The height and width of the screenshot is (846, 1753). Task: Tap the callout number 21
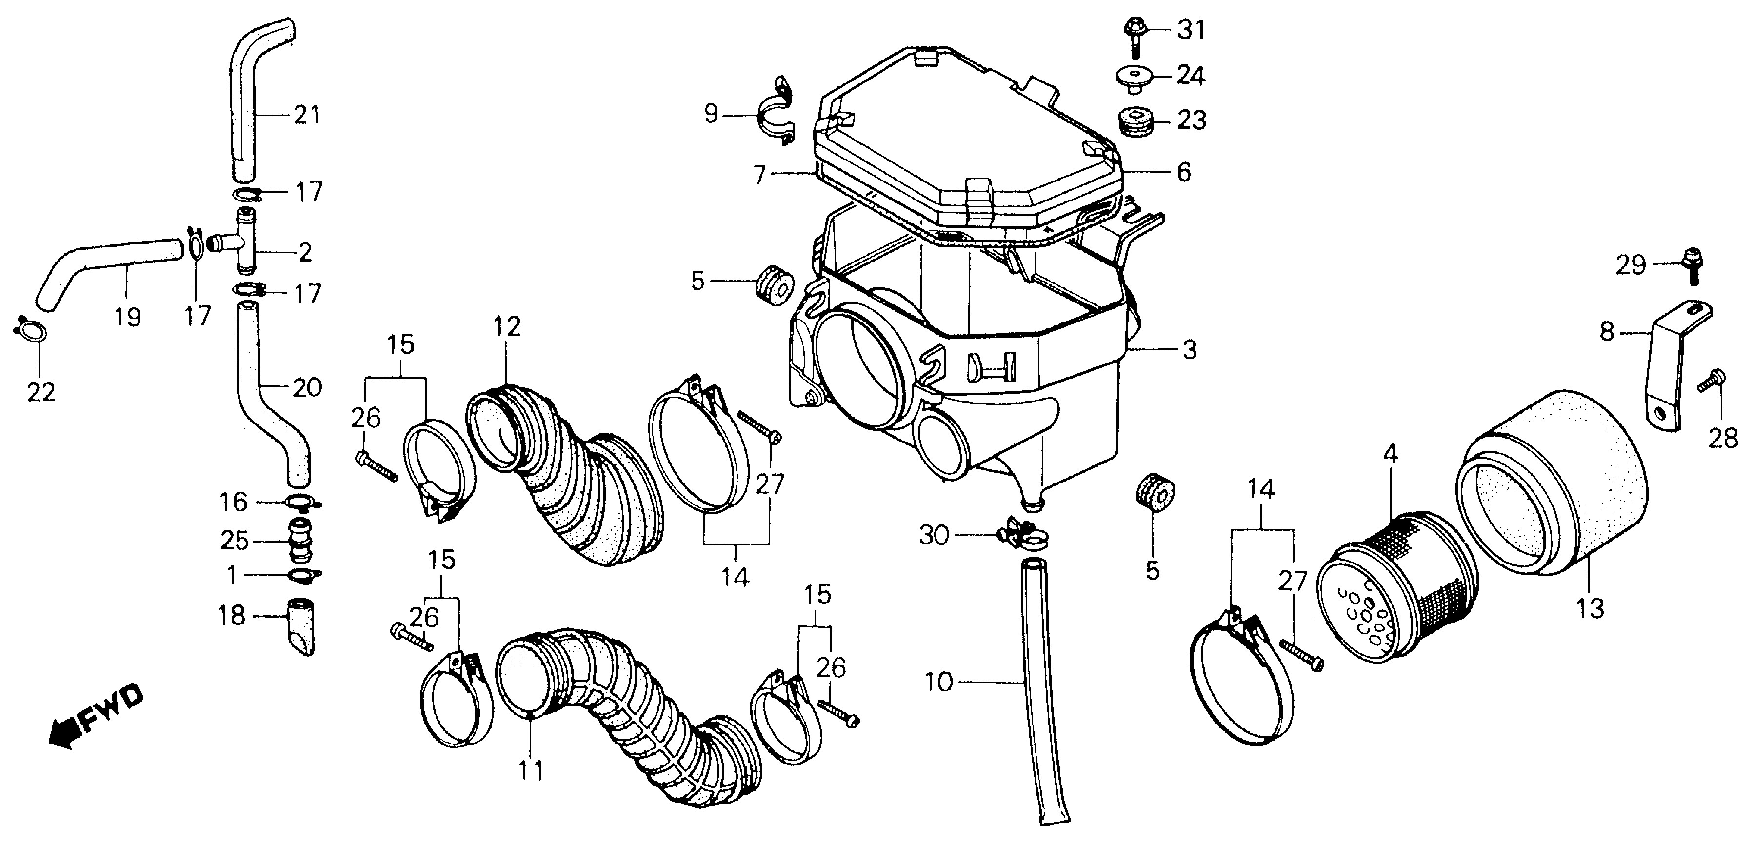click(306, 114)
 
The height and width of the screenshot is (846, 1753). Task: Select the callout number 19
click(127, 317)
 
